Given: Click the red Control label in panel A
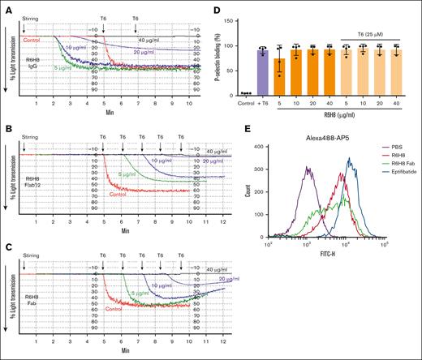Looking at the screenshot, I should coord(32,40).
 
